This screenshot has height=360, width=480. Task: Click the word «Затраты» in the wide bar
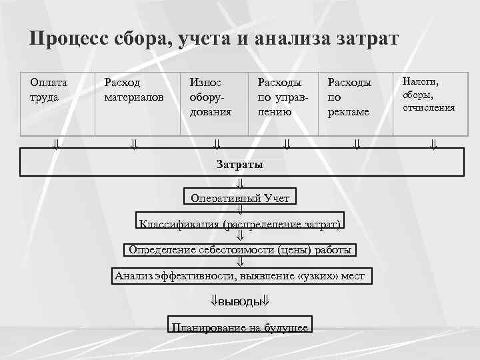point(239,164)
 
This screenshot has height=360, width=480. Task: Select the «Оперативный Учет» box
point(240,197)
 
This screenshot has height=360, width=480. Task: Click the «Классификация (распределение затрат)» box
point(240,223)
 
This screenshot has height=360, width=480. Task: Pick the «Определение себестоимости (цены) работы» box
point(240,250)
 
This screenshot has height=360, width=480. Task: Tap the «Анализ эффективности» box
point(240,275)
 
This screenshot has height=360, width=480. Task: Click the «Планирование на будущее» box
point(240,327)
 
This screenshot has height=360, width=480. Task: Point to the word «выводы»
point(240,301)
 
